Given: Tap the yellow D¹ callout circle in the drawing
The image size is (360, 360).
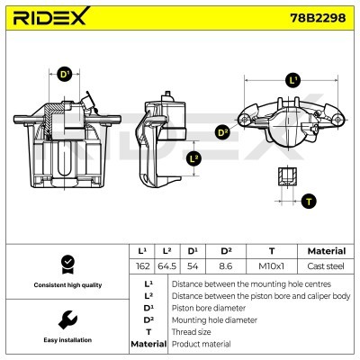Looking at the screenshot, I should point(64,75).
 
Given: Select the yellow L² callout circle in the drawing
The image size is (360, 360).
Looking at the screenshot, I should point(193,159).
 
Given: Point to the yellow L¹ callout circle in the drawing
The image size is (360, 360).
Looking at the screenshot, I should point(291,80).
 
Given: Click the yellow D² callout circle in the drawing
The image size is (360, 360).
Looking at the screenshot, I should point(223,132).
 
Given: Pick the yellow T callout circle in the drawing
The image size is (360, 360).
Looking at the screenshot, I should point(309,200).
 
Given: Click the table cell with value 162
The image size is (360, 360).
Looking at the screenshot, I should point(142,266).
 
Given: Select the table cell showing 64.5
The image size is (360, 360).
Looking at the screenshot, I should point(167,266).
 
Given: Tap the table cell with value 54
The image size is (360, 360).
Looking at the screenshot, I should point(193,266).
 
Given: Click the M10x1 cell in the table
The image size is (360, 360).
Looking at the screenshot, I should point(273,266).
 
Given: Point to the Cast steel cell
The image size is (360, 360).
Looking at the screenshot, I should point(326,266).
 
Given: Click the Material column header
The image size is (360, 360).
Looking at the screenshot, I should point(326,251).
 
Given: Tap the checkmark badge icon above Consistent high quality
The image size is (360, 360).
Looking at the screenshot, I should point(65,264).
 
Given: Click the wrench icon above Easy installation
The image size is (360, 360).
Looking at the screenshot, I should point(65,319).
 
